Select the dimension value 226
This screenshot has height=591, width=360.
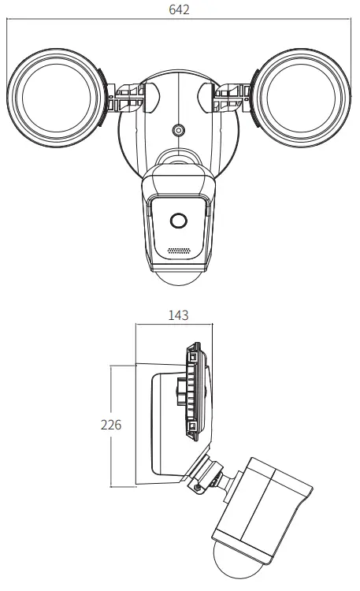click(111, 426)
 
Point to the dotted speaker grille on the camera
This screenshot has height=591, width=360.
click(179, 251)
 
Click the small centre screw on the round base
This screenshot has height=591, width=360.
click(179, 130)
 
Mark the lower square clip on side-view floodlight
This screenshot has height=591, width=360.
click(191, 427)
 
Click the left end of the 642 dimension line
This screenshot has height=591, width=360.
click(7, 21)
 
